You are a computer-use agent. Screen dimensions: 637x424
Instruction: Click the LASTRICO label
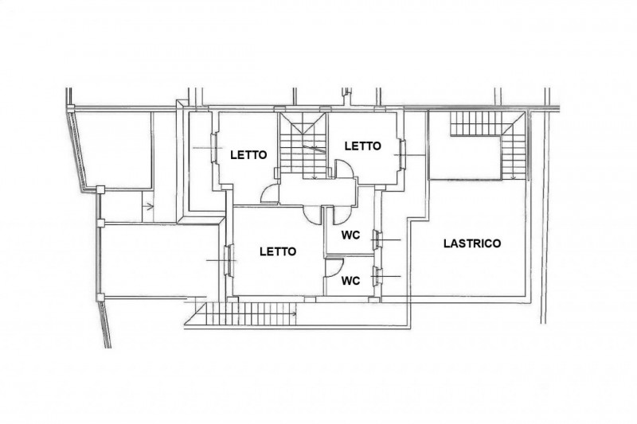[x=472, y=243]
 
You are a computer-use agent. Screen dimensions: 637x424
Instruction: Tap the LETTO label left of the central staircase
[x=248, y=155]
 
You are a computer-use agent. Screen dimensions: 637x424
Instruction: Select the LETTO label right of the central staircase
[x=363, y=146]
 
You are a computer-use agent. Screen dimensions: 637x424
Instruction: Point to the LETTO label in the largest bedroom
[x=278, y=252]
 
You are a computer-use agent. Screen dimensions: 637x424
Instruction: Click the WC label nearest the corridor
[x=350, y=235]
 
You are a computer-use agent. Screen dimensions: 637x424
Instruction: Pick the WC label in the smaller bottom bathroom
[x=350, y=281]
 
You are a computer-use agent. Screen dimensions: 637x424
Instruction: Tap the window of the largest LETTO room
[x=229, y=260]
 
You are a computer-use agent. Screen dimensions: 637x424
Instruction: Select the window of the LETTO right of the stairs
[x=402, y=154]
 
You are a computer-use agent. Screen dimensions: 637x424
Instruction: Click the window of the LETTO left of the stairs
[x=213, y=149]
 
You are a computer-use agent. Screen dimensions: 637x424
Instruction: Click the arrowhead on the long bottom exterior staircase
[x=294, y=313]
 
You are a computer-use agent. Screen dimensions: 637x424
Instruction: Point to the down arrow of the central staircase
[x=315, y=177]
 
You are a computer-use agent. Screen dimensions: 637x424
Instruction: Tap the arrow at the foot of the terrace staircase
[x=514, y=177]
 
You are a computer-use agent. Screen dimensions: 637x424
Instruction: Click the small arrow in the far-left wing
[x=150, y=207]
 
